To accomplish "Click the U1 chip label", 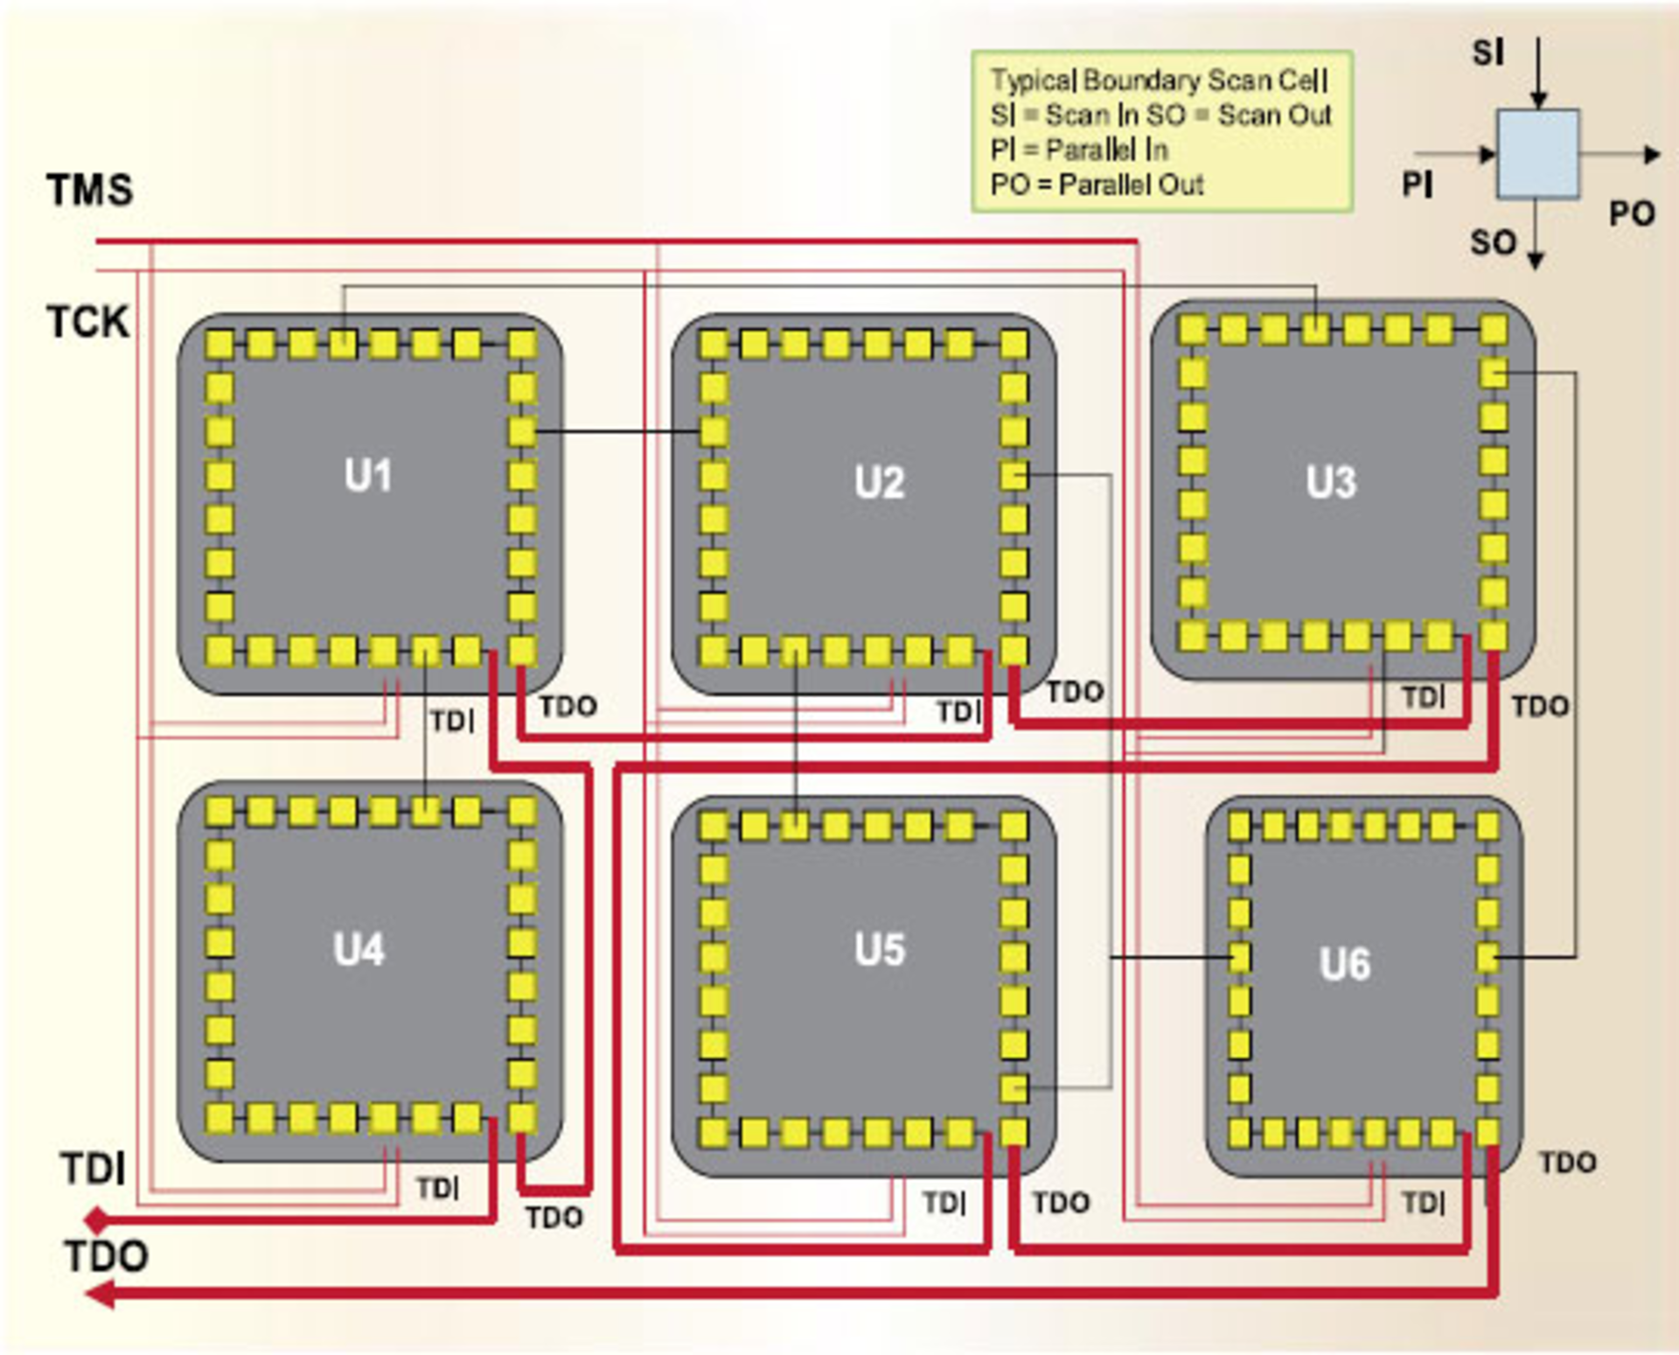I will [367, 476].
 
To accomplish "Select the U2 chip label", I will [879, 482].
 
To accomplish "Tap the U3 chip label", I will [1331, 482].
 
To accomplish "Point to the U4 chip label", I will [359, 949].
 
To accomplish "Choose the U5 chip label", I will [879, 949].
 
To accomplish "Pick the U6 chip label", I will [1345, 964].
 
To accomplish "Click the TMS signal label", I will [90, 190].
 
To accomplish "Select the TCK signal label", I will [87, 322].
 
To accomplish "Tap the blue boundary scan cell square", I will [1537, 154].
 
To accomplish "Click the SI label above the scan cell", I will [1487, 53].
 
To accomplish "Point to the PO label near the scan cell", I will [1632, 214].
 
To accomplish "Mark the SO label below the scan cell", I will [1493, 243].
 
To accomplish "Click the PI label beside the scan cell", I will [1418, 185].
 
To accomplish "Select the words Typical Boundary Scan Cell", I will [1159, 80].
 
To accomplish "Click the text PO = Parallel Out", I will [1097, 185].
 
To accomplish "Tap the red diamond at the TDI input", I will [96, 1219].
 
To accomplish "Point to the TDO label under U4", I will [554, 1218].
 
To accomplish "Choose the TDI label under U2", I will [958, 712].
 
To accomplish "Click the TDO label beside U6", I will [1567, 1163].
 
